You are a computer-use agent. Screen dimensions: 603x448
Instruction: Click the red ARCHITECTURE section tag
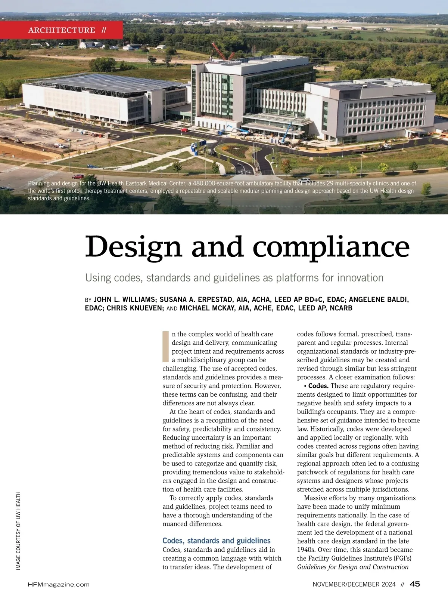pos(62,30)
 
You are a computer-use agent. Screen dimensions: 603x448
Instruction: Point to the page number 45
pos(415,584)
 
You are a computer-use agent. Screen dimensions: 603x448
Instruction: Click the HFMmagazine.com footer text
pos(59,584)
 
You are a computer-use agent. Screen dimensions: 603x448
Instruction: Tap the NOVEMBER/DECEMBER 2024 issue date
pos(354,584)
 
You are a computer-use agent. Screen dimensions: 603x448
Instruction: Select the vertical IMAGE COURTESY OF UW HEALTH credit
pos(18,531)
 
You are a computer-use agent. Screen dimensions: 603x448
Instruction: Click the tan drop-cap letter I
pos(166,346)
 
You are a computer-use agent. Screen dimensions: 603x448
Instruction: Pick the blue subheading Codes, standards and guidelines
pos(217,541)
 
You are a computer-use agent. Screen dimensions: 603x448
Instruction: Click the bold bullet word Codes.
pos(318,386)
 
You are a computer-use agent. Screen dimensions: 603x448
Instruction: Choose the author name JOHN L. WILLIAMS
pos(124,299)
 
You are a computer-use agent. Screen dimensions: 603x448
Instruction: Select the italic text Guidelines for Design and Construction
pos(353,567)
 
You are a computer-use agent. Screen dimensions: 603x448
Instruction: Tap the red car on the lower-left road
pos(78,176)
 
